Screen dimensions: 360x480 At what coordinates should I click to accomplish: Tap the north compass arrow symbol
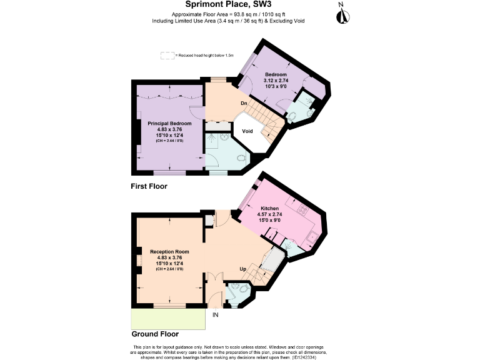(x=341, y=14)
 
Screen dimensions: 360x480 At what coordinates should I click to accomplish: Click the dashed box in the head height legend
(x=166, y=56)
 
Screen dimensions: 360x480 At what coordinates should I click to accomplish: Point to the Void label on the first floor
(x=247, y=131)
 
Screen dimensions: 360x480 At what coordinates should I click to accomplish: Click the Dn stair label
(x=246, y=102)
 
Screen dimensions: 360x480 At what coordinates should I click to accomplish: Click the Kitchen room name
(x=269, y=207)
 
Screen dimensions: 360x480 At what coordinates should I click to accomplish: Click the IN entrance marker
(x=216, y=314)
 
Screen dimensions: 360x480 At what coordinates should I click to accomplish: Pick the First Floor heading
(x=149, y=186)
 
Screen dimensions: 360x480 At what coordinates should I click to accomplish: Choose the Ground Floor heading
(x=154, y=334)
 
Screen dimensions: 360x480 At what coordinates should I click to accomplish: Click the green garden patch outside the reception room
(x=168, y=319)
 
